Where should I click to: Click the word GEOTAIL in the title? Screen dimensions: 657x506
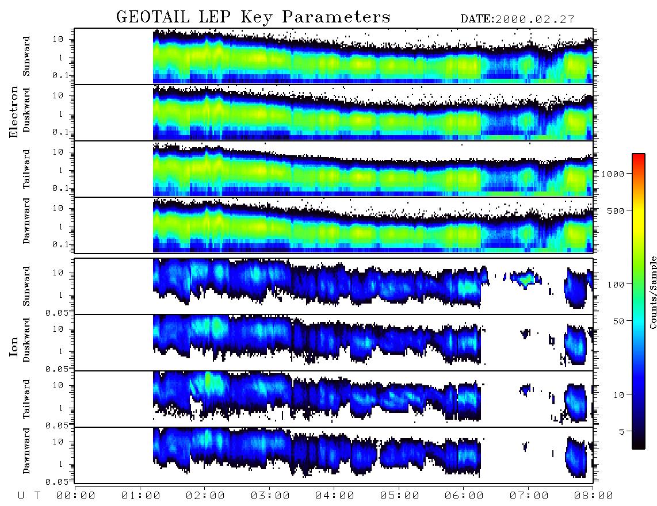click(153, 17)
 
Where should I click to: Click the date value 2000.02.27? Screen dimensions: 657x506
click(535, 20)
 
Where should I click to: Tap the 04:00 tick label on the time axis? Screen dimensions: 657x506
click(334, 496)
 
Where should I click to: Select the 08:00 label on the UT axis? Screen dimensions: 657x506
click(593, 496)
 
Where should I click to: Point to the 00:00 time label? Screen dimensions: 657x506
click(76, 496)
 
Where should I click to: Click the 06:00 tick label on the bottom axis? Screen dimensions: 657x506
click(464, 496)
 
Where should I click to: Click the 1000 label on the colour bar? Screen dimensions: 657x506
click(613, 174)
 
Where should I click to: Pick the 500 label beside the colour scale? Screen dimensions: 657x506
click(616, 210)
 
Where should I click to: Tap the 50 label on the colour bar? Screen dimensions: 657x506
click(619, 321)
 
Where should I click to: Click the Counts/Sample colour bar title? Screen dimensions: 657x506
click(653, 292)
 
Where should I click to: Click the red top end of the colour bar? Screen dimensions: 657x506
click(639, 155)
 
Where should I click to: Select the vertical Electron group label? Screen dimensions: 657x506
click(13, 112)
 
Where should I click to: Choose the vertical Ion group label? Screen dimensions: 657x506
click(13, 346)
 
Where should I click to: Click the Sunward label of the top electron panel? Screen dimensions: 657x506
click(26, 56)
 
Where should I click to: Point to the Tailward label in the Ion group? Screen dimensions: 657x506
click(26, 399)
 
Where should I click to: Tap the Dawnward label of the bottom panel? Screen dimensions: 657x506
click(26, 450)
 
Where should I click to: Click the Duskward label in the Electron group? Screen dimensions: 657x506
click(26, 110)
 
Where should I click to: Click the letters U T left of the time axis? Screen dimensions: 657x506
click(29, 496)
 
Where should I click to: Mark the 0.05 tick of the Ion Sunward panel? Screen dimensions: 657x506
click(59, 313)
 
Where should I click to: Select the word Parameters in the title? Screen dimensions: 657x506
click(336, 17)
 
